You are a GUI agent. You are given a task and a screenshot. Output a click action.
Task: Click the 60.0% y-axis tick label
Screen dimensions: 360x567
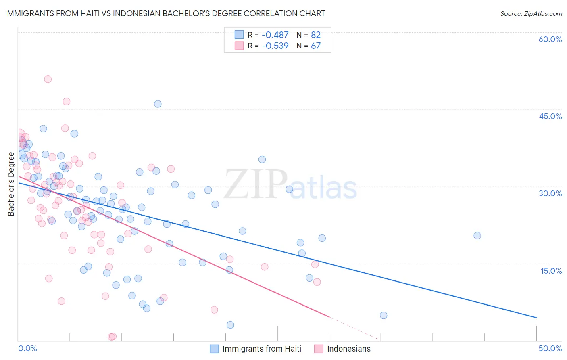click(550, 39)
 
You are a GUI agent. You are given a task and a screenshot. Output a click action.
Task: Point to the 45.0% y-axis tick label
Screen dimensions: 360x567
click(550, 116)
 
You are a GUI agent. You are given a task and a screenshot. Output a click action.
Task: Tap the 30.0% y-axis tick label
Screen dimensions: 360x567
click(550, 193)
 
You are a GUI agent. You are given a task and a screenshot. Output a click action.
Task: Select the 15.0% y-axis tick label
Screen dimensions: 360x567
click(551, 271)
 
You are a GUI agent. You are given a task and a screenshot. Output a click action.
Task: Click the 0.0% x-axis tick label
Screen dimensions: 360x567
click(27, 348)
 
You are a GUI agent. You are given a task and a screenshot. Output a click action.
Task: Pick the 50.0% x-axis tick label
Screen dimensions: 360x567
click(550, 348)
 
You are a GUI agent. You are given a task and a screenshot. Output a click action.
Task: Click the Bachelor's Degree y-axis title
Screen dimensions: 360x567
click(11, 184)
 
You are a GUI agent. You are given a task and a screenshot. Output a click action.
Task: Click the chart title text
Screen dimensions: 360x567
click(165, 13)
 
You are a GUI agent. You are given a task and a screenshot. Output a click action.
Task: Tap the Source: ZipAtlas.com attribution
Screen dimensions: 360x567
click(531, 13)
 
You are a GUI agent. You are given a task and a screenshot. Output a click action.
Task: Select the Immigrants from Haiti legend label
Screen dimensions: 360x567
click(262, 349)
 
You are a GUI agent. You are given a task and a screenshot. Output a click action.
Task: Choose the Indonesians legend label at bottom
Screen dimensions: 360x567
click(348, 349)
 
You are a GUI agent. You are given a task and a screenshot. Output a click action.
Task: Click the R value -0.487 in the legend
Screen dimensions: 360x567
click(275, 35)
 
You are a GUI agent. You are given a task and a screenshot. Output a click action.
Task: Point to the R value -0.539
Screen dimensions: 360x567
click(275, 46)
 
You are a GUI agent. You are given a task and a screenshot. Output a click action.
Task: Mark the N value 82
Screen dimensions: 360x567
click(316, 35)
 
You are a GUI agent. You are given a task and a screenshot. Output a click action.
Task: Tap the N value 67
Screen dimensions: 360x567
click(316, 46)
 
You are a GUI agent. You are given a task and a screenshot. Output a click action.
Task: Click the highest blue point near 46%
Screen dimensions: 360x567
click(158, 104)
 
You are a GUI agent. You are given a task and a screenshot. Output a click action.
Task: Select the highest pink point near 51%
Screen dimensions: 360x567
click(48, 79)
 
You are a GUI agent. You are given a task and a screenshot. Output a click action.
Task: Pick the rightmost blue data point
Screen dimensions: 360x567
click(477, 236)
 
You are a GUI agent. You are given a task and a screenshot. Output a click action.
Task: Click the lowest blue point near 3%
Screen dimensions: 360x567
click(230, 325)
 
